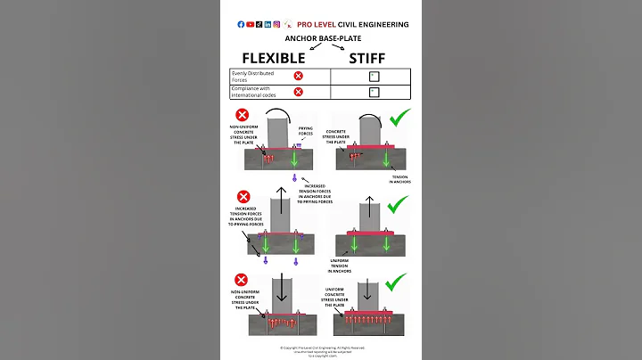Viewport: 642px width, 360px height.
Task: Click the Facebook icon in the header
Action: [241, 24]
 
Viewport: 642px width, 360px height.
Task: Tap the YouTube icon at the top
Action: [250, 24]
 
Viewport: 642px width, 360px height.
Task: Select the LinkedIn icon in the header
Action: [267, 24]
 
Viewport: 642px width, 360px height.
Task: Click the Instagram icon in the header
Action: [276, 24]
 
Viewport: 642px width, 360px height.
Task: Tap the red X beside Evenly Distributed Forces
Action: [298, 76]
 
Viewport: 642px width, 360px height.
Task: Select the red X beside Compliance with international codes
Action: [298, 91]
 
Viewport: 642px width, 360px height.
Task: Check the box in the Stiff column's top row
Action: [373, 77]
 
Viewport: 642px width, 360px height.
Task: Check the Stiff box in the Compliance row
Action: [373, 91]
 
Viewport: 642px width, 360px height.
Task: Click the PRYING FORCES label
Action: [306, 131]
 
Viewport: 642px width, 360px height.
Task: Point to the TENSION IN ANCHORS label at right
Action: [400, 179]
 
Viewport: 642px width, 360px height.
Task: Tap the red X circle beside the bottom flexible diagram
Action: [242, 281]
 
